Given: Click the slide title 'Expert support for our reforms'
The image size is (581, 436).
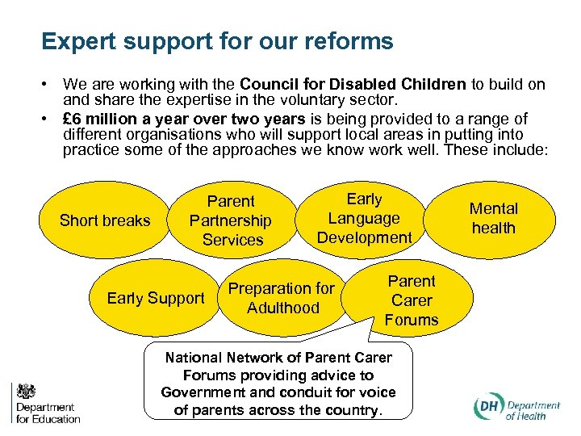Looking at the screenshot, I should pyautogui.click(x=217, y=41).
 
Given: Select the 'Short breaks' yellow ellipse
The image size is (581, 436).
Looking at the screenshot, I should pyautogui.click(x=105, y=220).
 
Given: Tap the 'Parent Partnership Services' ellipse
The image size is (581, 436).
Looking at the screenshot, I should pyautogui.click(x=230, y=220).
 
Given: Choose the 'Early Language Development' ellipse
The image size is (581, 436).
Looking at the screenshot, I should pyautogui.click(x=364, y=218).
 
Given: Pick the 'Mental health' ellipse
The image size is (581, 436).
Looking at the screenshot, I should pyautogui.click(x=493, y=218).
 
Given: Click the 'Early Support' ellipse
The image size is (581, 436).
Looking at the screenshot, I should pyautogui.click(x=155, y=298).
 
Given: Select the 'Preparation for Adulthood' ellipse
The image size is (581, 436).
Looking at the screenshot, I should pyautogui.click(x=282, y=298).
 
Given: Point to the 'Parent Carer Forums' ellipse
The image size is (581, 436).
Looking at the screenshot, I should pyautogui.click(x=411, y=300).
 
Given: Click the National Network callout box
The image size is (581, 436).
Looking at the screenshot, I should pyautogui.click(x=278, y=384).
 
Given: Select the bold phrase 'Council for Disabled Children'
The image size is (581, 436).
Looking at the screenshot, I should pyautogui.click(x=353, y=85).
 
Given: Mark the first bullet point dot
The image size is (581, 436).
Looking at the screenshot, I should pyautogui.click(x=49, y=85).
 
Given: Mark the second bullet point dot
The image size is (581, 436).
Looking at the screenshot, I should pyautogui.click(x=49, y=119).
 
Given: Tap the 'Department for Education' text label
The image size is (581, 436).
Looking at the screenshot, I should pyautogui.click(x=48, y=413).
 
